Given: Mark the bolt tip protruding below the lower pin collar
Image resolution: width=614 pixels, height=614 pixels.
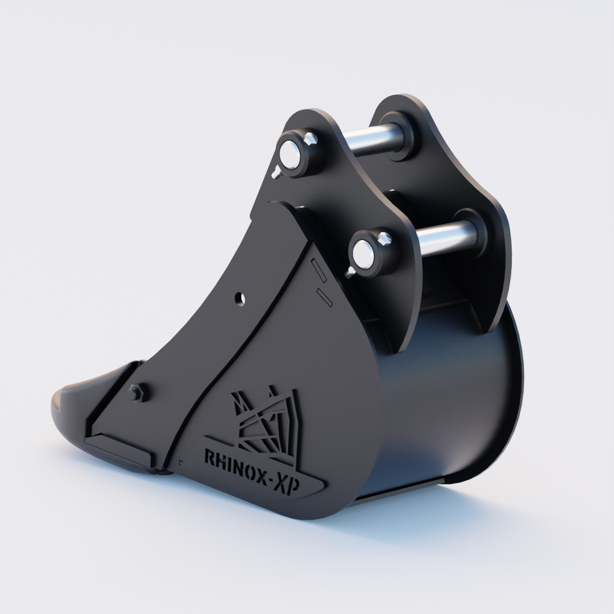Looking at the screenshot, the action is pyautogui.click(x=350, y=272).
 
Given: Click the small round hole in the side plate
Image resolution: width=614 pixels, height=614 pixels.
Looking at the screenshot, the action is pyautogui.click(x=239, y=298).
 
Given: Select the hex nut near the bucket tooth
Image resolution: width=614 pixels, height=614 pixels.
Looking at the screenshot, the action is pyautogui.click(x=138, y=393).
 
